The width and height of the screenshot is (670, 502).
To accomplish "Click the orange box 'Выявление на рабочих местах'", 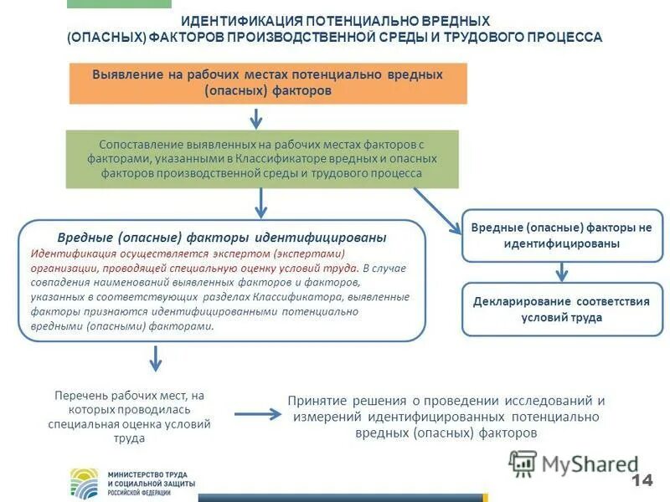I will point(268,83).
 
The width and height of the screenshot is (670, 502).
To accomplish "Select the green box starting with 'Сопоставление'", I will point(262,159).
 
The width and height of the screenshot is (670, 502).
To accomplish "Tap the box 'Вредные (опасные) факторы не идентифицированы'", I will point(561,235).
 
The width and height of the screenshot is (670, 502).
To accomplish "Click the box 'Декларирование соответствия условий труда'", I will point(561,309).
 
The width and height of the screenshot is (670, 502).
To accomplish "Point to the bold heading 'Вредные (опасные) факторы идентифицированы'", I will point(221,238).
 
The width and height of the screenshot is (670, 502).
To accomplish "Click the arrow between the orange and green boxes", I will point(262,117).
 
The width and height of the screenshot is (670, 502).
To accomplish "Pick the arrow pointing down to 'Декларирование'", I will point(563,271).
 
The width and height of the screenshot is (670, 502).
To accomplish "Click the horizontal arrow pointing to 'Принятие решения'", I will point(256,413).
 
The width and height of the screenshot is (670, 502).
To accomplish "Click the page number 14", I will point(642,480).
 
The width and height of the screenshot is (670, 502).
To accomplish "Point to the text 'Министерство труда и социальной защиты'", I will point(151,479).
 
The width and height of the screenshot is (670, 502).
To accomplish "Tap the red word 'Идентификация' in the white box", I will point(70,254).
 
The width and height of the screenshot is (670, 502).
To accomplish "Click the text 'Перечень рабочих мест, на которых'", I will point(129,402).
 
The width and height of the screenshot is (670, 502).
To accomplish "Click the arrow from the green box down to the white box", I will point(261,203).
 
